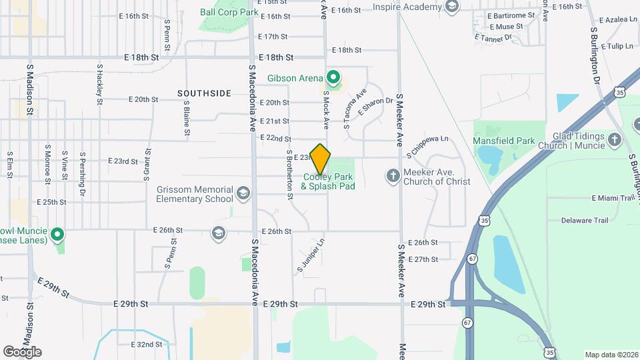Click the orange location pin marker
pos(321,159)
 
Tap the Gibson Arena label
pos(295,78)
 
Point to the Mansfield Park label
pos(504,141)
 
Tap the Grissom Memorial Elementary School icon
pos(243,194)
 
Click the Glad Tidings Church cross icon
pos(615,141)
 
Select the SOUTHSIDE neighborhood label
pos(205,93)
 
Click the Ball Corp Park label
pos(229,11)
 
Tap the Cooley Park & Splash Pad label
pos(328,181)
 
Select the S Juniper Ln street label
pos(311,255)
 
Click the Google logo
pos(22,351)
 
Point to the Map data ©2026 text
pos(610,355)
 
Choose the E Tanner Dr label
pos(493,37)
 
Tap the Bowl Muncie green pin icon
pos(58,234)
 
